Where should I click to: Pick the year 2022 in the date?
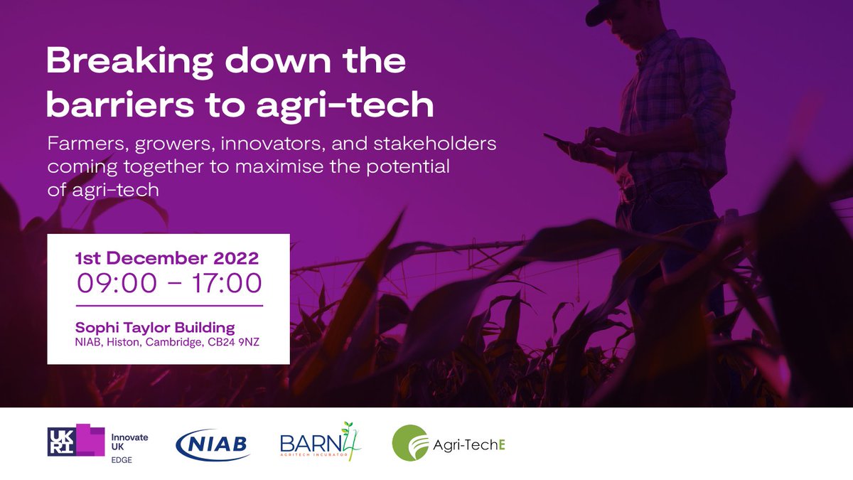point(235,257)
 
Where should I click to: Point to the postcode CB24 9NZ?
point(242,342)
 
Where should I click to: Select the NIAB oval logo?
point(213,444)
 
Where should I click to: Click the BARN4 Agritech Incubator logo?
point(320,442)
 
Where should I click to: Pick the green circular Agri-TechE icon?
point(410,443)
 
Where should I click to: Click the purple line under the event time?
point(169,305)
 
